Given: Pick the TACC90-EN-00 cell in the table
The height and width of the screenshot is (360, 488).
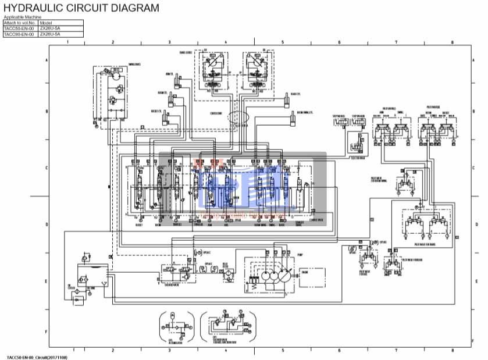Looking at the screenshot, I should click(x=19, y=34).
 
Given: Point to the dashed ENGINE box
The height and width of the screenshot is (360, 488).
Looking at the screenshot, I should click(x=305, y=272).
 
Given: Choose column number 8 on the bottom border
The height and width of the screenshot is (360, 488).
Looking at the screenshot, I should click(x=452, y=350).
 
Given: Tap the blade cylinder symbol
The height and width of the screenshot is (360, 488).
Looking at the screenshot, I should click(x=286, y=101).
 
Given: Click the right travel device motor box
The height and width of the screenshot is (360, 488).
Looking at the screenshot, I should click(x=259, y=70).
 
